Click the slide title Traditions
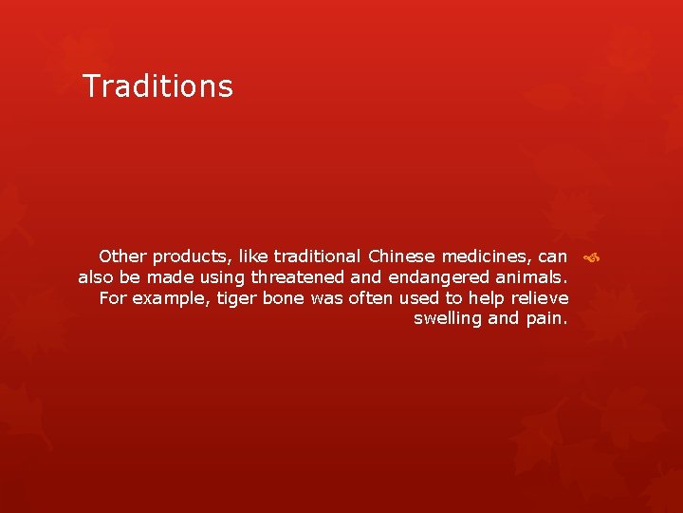157,86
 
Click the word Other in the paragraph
122,256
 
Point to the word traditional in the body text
317,256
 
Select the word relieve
541,298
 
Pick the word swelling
448,319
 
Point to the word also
96,277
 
